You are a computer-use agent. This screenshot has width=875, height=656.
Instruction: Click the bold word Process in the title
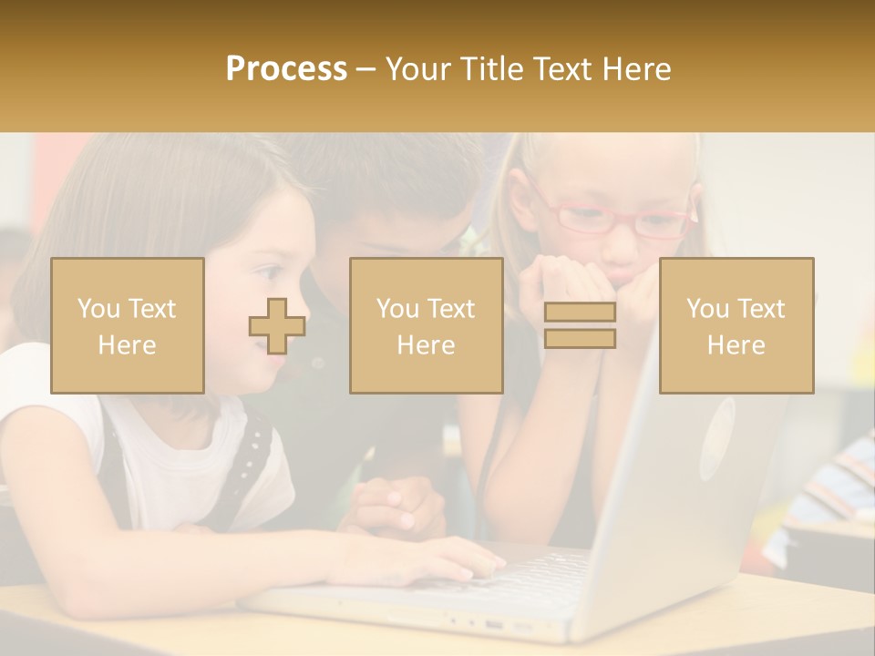pyautogui.click(x=286, y=68)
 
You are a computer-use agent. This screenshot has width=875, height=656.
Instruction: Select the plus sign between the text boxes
pyautogui.click(x=277, y=326)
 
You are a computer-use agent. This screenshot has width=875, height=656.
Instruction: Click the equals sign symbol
pyautogui.click(x=580, y=325)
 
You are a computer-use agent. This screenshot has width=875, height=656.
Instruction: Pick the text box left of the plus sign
pyautogui.click(x=128, y=326)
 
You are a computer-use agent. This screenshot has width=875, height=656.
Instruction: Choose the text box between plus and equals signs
pyautogui.click(x=426, y=326)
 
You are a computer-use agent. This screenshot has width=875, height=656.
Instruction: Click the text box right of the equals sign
pyautogui.click(x=736, y=326)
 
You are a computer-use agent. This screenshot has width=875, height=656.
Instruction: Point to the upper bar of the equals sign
pyautogui.click(x=580, y=313)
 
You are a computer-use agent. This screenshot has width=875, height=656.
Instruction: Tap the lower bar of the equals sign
pyautogui.click(x=580, y=338)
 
